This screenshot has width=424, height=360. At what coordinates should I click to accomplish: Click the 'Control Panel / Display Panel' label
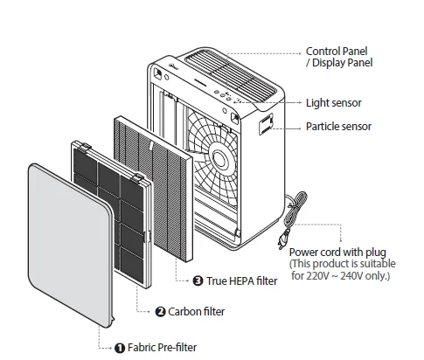pos(338,57)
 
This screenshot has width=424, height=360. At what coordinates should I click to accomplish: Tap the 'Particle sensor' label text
pos(338,127)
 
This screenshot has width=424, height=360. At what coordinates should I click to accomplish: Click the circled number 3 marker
pos(198,280)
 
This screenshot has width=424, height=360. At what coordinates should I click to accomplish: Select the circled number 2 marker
pos(160,311)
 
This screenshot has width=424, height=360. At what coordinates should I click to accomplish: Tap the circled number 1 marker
pos(120,347)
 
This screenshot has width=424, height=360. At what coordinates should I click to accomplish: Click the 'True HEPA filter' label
pos(239,280)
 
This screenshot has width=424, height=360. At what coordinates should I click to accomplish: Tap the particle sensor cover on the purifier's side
pos(267,125)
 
